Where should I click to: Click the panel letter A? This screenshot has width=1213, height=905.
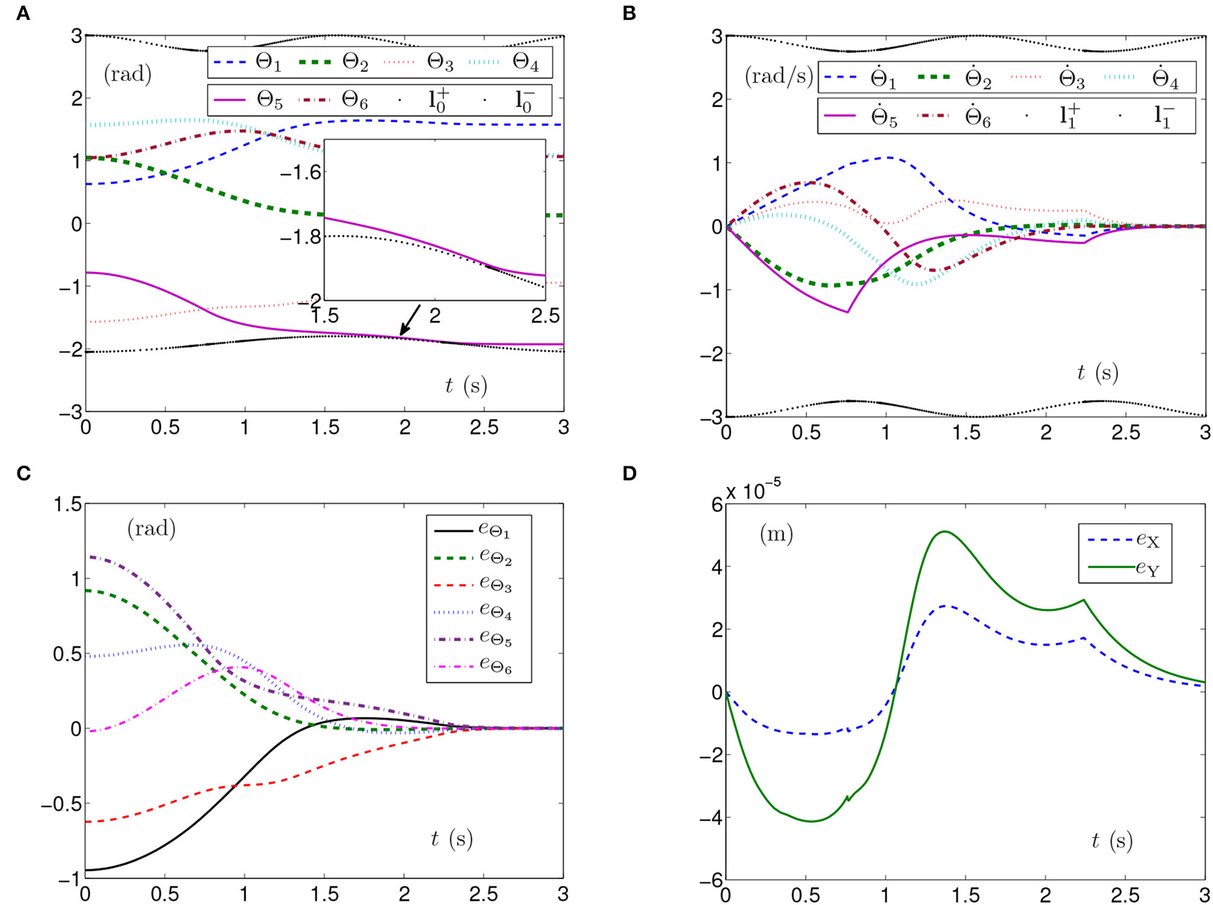(23, 14)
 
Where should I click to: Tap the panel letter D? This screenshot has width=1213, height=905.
(630, 473)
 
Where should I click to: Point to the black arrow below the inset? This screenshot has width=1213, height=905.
(409, 320)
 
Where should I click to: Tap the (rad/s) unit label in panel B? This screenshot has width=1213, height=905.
(777, 76)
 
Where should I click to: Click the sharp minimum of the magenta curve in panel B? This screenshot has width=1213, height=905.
(847, 312)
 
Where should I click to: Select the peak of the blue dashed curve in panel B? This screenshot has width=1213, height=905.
(887, 157)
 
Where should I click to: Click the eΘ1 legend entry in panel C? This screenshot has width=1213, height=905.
(482, 531)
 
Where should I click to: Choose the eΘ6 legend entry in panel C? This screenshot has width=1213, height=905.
(482, 666)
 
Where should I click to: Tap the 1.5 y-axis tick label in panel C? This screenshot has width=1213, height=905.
(66, 505)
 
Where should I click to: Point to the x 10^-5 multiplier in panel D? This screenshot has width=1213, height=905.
(753, 490)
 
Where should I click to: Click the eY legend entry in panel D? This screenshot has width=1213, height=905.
(1125, 568)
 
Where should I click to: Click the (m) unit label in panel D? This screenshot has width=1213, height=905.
(776, 534)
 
